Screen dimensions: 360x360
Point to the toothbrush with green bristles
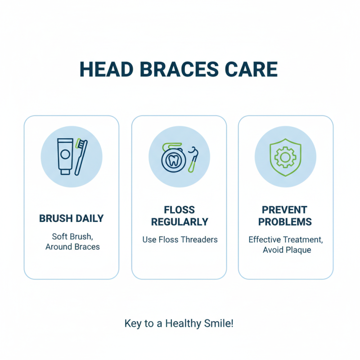click(81, 156)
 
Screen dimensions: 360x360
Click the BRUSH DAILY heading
click(72, 219)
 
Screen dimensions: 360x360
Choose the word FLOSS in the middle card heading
click(180, 210)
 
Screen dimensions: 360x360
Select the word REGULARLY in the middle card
click(180, 222)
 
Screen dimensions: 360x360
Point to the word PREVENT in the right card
click(285, 210)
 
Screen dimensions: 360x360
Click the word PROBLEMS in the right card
click(285, 222)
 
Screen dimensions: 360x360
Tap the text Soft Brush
click(72, 236)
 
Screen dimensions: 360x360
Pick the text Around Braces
click(72, 247)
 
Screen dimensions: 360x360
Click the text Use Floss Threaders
click(180, 239)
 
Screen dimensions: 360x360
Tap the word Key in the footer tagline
click(132, 323)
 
